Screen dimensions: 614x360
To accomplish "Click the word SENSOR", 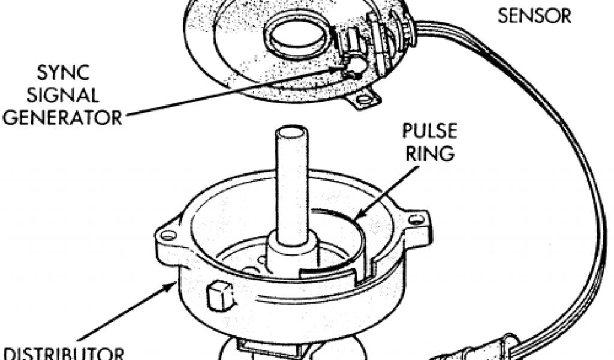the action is (x=535, y=16).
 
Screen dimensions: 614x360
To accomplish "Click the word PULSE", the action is (x=429, y=131).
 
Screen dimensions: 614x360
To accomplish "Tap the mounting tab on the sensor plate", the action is (x=366, y=99).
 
